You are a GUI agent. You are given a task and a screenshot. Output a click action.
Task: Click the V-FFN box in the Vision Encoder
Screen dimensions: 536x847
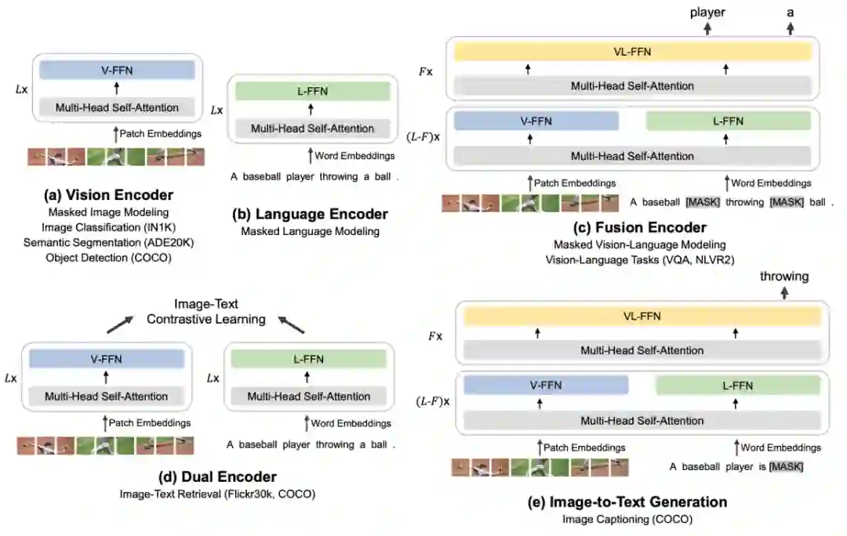click(117, 71)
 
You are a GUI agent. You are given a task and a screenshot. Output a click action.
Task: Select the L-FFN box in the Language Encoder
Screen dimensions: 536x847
click(312, 91)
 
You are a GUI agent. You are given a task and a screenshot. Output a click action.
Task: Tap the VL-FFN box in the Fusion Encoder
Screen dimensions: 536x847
click(632, 53)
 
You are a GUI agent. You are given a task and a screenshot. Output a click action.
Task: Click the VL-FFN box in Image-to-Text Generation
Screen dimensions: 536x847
click(642, 317)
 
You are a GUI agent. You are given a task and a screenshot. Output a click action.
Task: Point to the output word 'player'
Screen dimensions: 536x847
click(707, 12)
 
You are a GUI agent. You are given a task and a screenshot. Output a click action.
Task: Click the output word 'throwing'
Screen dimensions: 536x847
click(784, 276)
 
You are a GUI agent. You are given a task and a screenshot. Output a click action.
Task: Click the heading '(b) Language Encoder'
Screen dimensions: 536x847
click(311, 214)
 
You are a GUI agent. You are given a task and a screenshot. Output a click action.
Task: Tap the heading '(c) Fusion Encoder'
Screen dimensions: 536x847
click(641, 227)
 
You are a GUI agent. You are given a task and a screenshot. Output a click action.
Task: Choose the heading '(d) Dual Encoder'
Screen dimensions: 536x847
click(206, 476)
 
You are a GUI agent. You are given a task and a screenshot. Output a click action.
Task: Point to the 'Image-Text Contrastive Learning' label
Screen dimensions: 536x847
click(206, 311)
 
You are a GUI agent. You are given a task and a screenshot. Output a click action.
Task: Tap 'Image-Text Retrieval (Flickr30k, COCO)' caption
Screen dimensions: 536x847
click(206, 494)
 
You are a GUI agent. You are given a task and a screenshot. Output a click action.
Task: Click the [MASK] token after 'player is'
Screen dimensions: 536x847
click(786, 467)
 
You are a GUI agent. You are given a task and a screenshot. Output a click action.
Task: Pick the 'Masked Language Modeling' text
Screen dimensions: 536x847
click(311, 231)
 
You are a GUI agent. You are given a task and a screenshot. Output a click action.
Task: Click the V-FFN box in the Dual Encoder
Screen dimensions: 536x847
click(106, 360)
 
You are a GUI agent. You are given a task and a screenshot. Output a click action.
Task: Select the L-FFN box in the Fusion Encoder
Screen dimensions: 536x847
click(728, 121)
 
